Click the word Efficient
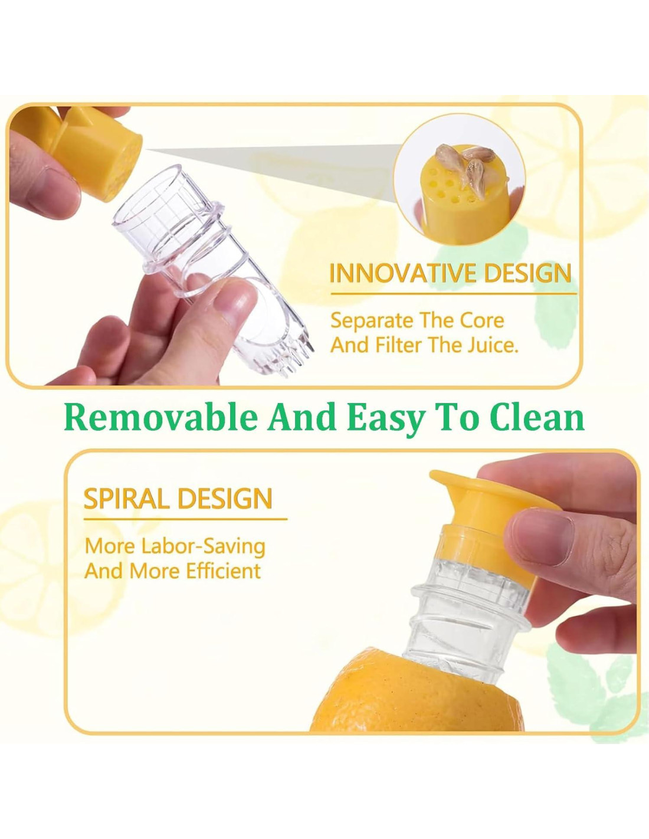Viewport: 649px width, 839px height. coord(223,571)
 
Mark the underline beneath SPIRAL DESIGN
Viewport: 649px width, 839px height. coord(185,519)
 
